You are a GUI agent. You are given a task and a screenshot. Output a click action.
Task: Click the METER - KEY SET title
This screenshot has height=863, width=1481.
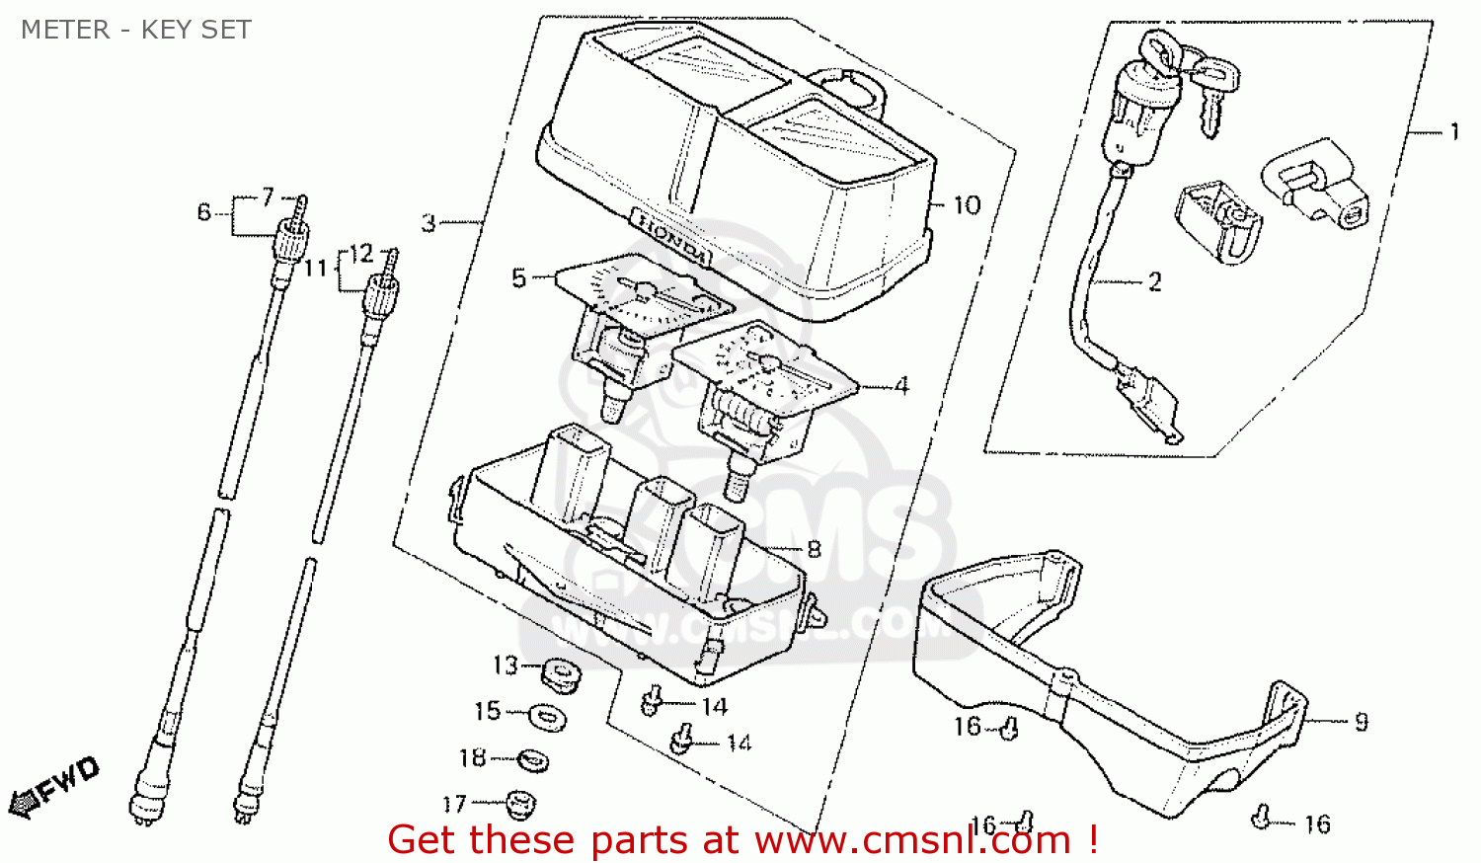136,30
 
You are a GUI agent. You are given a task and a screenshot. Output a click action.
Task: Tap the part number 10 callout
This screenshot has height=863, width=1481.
967,205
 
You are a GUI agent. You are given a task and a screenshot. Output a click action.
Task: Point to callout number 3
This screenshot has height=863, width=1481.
429,223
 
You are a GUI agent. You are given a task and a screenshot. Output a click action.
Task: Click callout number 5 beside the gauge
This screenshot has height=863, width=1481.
519,278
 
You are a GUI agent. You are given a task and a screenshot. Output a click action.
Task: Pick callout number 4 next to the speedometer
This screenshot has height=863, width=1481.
900,386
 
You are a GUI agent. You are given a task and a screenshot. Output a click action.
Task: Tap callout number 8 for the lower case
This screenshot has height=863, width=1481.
814,549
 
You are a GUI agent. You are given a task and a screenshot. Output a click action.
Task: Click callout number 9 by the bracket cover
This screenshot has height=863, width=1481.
1361,722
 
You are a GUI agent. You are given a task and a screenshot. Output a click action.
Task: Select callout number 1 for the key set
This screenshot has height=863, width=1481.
1453,132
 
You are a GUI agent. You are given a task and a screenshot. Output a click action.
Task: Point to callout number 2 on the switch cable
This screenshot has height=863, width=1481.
1154,282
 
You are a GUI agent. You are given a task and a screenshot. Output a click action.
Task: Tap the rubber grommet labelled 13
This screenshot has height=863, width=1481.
560,675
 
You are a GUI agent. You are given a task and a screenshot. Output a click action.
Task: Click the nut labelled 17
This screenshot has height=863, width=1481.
519,804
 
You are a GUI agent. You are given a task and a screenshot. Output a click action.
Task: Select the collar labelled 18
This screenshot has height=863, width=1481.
533,759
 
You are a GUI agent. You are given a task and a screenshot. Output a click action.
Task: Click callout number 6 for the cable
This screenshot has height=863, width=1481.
204,212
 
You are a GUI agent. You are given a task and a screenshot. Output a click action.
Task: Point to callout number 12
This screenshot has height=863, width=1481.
361,255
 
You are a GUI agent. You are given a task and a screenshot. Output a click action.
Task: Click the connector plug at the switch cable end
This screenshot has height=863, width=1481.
1149,403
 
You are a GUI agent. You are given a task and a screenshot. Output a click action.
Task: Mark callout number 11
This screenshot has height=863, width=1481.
315,269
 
